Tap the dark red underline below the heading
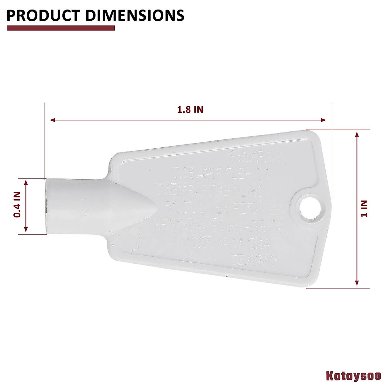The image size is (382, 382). tap(60, 28)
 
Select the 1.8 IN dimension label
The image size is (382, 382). tap(190, 110)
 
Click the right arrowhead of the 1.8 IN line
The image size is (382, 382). tap(324, 120)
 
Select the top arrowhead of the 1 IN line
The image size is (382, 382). tap(357, 135)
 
